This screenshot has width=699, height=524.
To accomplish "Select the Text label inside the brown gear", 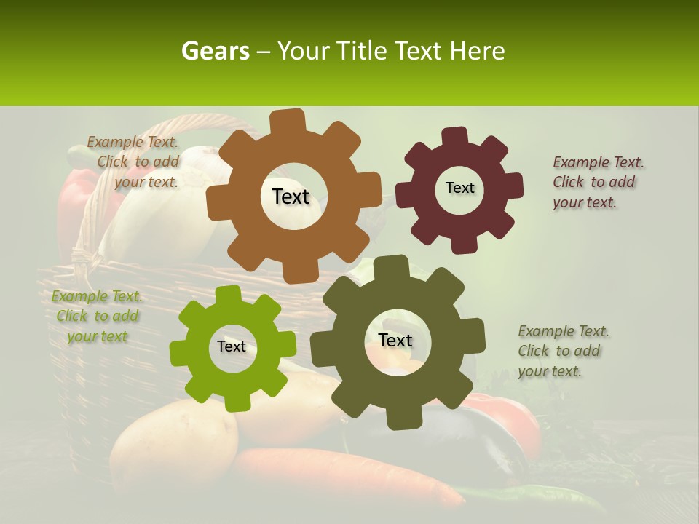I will tap(291, 196).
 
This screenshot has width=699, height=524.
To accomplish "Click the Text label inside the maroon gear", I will tap(459, 188).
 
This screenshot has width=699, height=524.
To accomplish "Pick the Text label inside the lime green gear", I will tap(232, 346).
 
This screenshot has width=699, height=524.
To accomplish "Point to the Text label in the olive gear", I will tap(395, 340).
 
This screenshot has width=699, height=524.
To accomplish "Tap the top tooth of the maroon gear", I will tap(454, 136).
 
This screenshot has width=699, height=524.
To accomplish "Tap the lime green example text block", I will tap(97, 317).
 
